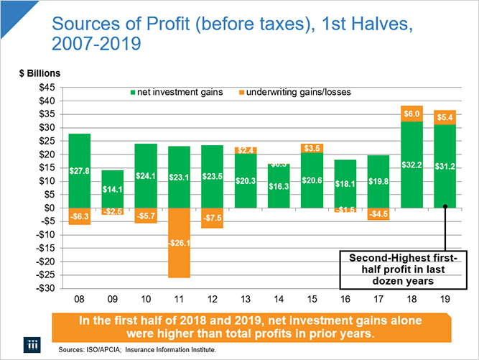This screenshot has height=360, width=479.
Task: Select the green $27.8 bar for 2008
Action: click(79, 170)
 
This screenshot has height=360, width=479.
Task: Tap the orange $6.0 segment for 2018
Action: click(409, 114)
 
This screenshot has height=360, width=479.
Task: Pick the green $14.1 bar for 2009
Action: click(113, 188)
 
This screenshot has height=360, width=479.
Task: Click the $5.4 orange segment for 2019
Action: click(444, 117)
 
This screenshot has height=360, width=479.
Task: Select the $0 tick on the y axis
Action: click(51, 208)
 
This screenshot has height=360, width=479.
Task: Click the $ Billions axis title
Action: click(41, 73)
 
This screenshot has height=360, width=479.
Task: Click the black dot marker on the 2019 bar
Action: click(445, 207)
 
